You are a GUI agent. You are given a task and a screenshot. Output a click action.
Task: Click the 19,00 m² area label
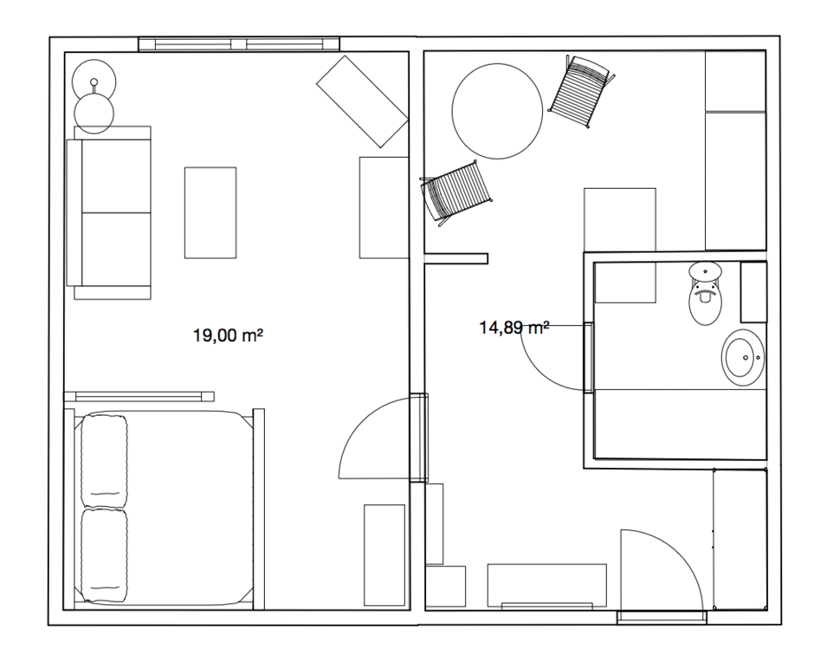coord(228,335)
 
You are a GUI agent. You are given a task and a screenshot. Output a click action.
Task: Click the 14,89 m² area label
coord(514,328)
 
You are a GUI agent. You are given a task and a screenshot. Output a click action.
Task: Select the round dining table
coord(497,111)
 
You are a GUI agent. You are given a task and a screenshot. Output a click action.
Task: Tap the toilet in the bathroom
coord(705,294)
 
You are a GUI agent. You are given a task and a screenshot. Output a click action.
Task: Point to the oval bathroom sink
coord(743,357)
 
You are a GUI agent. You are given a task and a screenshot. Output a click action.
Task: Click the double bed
coord(164,509)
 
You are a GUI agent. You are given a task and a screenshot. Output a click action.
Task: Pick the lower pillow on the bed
coord(104,555)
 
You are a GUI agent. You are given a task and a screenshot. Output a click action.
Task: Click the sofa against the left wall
coord(109,212)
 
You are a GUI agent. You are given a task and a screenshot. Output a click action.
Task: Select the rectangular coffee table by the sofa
coord(210,212)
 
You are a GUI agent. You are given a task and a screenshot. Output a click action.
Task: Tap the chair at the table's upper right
coord(581,91)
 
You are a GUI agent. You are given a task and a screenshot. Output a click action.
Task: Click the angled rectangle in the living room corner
coord(362,101)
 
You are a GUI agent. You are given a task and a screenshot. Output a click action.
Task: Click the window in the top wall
coord(239,44)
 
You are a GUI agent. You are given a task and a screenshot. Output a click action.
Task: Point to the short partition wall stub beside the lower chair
coord(455,258)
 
